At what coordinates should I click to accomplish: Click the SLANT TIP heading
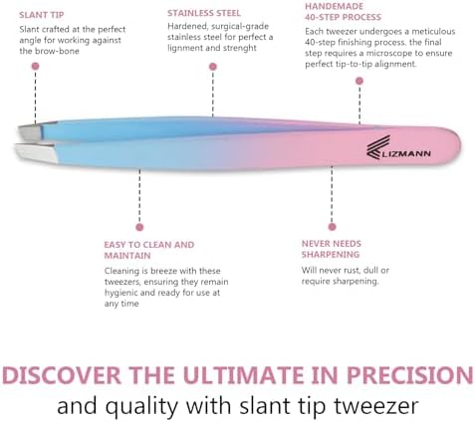pyautogui.click(x=41, y=15)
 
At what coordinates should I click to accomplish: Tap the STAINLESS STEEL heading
pyautogui.click(x=204, y=13)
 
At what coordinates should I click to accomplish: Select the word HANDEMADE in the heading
pyautogui.click(x=334, y=6)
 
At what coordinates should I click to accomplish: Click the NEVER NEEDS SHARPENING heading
pyautogui.click(x=332, y=249)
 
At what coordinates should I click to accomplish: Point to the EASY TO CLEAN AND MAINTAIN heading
pyautogui.click(x=149, y=250)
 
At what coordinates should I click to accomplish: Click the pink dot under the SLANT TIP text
pyautogui.click(x=35, y=66)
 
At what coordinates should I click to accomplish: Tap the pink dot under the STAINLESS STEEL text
pyautogui.click(x=213, y=67)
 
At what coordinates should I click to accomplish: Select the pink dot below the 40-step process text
pyautogui.click(x=359, y=81)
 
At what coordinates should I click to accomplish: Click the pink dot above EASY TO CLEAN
pyautogui.click(x=139, y=227)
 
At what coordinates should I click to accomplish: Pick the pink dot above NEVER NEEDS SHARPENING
pyautogui.click(x=332, y=227)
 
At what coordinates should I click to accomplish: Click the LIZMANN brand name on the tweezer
pyautogui.click(x=407, y=153)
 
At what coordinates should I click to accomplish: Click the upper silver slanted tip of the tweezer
pyautogui.click(x=32, y=131)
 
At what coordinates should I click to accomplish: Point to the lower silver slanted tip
pyautogui.click(x=35, y=152)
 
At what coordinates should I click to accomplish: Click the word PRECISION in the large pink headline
pyautogui.click(x=409, y=375)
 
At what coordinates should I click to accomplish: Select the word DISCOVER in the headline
pyautogui.click(x=62, y=375)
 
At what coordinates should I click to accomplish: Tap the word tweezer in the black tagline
pyautogui.click(x=375, y=406)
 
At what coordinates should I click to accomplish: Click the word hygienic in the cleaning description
pyautogui.click(x=121, y=294)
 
